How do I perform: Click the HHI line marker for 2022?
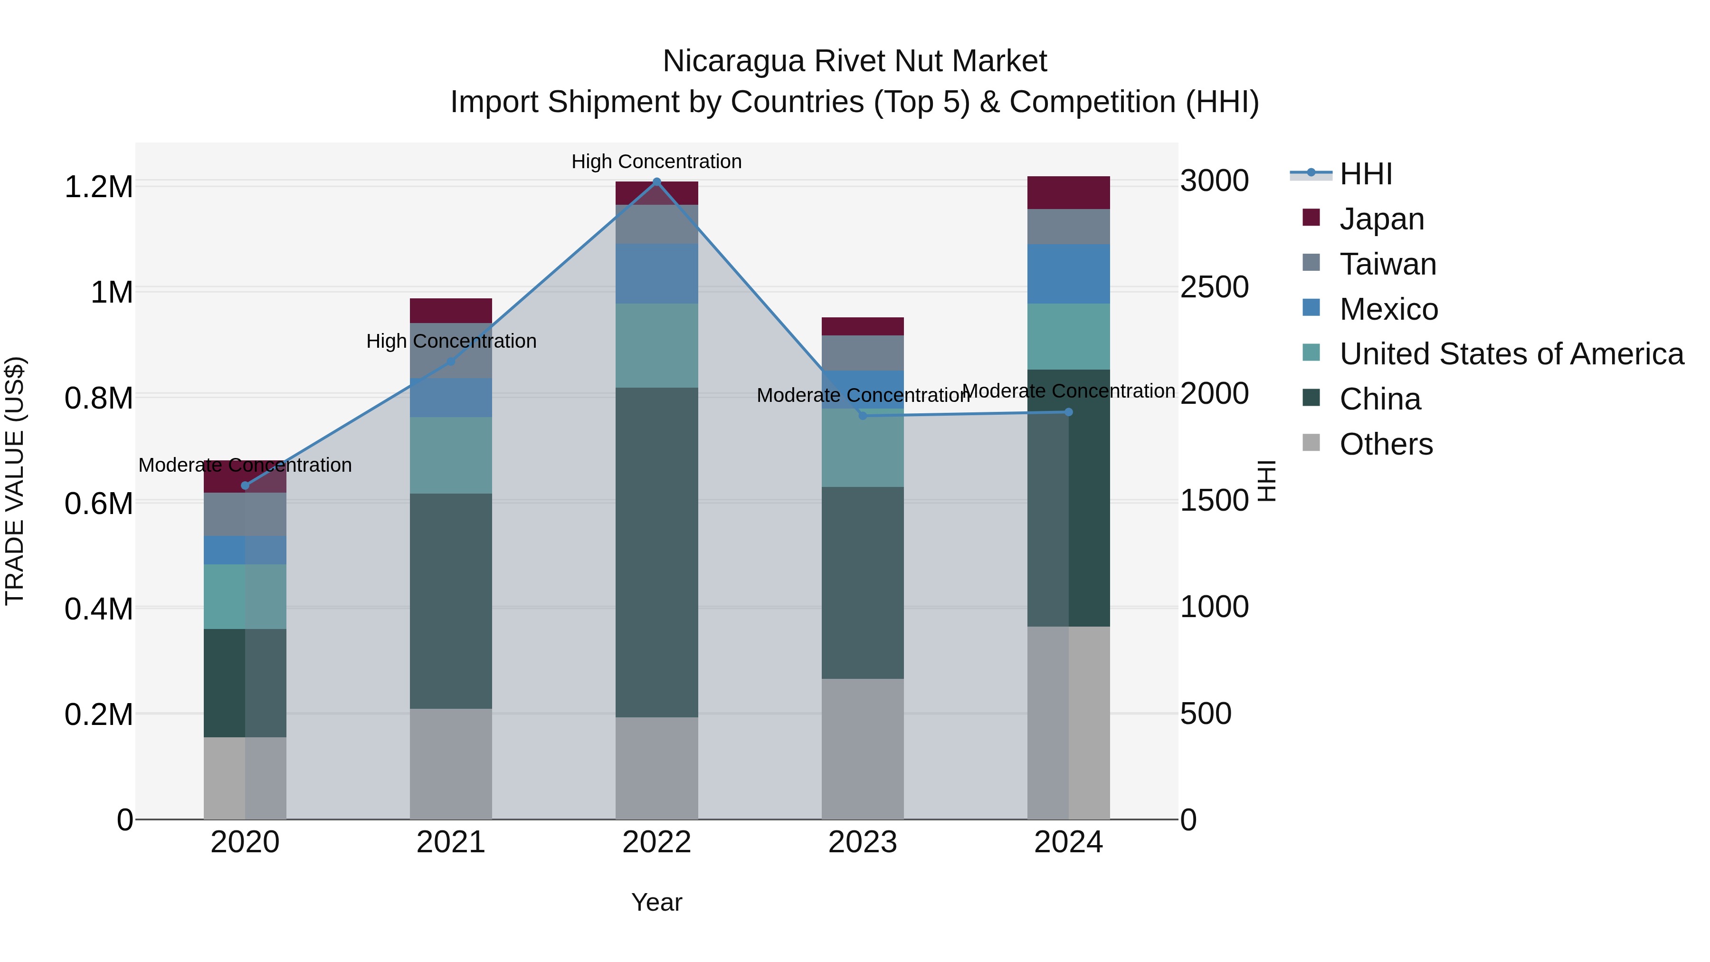click(x=656, y=181)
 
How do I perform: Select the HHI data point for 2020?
click(x=245, y=486)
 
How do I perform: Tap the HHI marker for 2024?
click(x=1068, y=412)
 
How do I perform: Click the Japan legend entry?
click(x=1381, y=219)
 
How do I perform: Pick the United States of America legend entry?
click(x=1511, y=354)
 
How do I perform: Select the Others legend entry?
click(x=1386, y=444)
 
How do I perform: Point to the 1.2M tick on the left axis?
click(x=98, y=187)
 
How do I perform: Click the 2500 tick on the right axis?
click(x=1214, y=287)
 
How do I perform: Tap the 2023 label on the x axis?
click(x=862, y=842)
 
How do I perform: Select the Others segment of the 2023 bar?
click(x=862, y=748)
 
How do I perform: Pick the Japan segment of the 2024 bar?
click(x=1068, y=192)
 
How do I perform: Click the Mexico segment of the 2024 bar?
click(x=1068, y=274)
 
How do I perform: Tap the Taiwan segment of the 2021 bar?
click(x=451, y=351)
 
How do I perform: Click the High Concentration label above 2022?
click(x=656, y=162)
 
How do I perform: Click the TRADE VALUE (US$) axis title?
click(x=15, y=481)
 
